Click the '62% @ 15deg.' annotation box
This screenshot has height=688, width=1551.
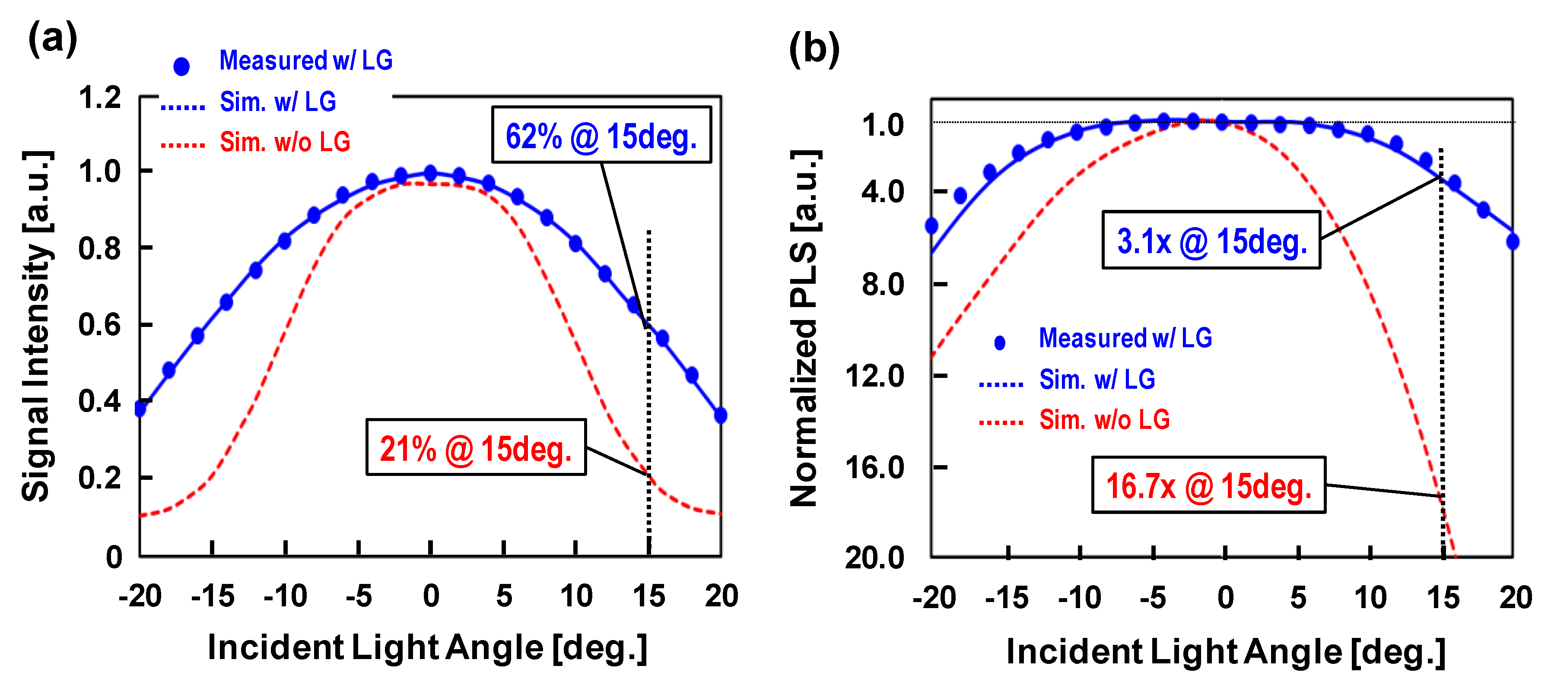point(601,135)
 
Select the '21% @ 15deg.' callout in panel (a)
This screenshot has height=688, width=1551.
point(476,447)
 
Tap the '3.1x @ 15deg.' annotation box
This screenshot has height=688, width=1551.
point(1211,240)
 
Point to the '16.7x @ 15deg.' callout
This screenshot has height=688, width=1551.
point(1208,485)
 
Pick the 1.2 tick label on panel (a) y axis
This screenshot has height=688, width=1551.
point(100,98)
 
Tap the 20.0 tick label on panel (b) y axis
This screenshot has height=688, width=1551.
point(874,558)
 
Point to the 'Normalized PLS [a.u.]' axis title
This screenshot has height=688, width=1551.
point(804,328)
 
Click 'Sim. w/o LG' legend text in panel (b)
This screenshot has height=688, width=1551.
point(1104,419)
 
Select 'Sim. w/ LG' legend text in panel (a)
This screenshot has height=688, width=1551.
point(277,102)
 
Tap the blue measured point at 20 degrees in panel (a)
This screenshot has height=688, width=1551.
point(720,415)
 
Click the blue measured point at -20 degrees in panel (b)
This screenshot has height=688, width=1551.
point(931,226)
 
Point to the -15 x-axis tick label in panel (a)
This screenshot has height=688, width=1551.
point(213,596)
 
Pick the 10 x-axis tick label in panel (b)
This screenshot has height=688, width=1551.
point(1370,598)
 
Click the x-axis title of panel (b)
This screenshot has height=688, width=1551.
point(1226,652)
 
